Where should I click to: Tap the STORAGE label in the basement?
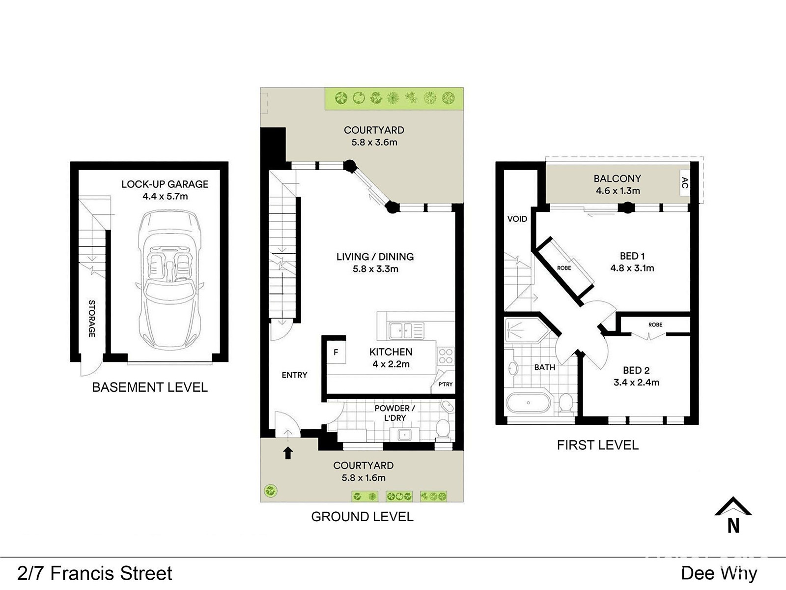click(x=92, y=319)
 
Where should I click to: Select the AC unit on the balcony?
click(x=685, y=183)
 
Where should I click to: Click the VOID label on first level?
click(x=517, y=218)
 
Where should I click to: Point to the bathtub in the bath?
click(x=528, y=403)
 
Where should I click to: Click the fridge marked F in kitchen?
click(x=336, y=352)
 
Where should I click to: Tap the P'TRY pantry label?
click(x=446, y=384)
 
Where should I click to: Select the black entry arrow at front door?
click(x=288, y=453)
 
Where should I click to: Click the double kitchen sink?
click(x=406, y=330)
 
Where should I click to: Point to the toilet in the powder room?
click(x=443, y=430)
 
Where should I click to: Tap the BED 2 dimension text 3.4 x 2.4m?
click(x=636, y=382)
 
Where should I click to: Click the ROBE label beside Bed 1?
click(x=564, y=268)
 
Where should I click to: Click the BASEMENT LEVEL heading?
click(x=150, y=387)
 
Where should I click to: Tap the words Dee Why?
click(x=719, y=573)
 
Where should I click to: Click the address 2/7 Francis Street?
click(x=95, y=573)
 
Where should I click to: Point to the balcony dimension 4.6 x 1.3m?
click(x=618, y=191)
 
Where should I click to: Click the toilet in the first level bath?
click(x=566, y=403)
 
